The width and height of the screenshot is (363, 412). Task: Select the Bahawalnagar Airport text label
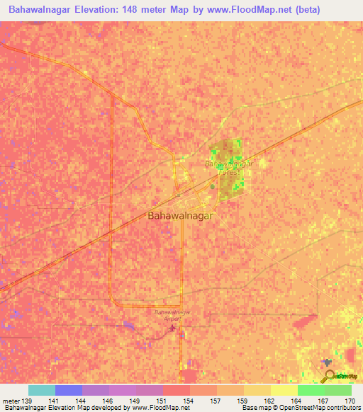pyautogui.click(x=173, y=315)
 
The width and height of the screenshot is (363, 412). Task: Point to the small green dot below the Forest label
pyautogui.click(x=212, y=186)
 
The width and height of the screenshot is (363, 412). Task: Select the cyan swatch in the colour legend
pyautogui.click(x=42, y=390)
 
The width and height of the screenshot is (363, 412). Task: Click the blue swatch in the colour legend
pyautogui.click(x=69, y=390)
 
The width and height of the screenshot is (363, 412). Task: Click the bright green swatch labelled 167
pyautogui.click(x=311, y=390)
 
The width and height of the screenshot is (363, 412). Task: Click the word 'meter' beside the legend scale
pyautogui.click(x=12, y=400)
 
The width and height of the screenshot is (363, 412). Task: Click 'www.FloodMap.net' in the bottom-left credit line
pyautogui.click(x=156, y=408)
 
